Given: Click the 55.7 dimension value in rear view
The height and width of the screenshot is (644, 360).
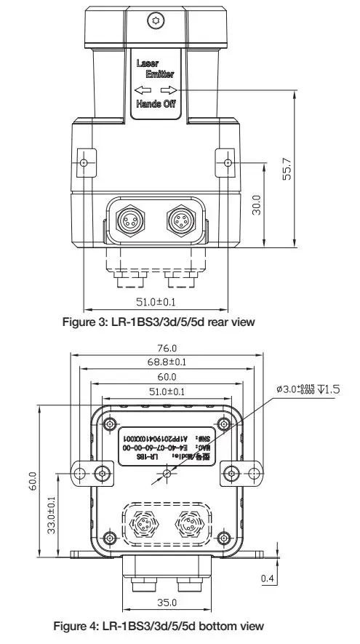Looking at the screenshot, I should [288, 168].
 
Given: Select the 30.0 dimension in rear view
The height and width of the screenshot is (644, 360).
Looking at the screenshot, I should [255, 206].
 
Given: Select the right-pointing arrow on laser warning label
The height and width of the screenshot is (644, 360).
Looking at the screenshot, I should [167, 90].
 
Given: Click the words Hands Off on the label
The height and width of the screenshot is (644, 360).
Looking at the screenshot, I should [155, 105].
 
